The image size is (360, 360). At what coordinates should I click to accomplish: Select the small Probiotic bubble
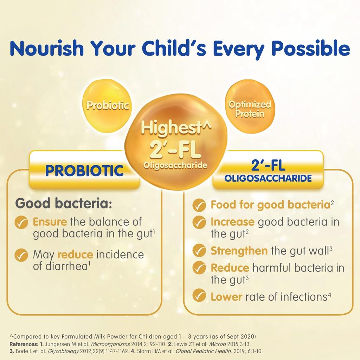pos(107,105)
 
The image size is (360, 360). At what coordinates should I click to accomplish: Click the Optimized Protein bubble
pos(250,106)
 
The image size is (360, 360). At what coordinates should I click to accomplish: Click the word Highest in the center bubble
pos(171,128)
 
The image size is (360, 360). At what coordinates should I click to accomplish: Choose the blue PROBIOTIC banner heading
pos(84,171)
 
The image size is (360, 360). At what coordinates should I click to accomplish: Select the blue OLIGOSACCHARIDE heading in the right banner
pos(268,178)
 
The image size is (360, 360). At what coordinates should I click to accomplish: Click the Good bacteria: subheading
pos(64,204)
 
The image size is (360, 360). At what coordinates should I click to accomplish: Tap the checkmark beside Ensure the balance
pos(21,222)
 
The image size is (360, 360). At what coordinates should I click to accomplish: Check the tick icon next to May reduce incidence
pos(21,255)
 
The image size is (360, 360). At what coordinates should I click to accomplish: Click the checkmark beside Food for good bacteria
pos(199,205)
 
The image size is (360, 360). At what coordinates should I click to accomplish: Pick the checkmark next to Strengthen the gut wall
pos(199,250)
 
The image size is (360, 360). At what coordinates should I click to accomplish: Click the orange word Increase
pos(233,222)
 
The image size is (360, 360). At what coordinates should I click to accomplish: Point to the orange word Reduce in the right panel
pos(230,268)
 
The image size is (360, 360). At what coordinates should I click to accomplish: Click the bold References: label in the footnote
pos(23,344)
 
